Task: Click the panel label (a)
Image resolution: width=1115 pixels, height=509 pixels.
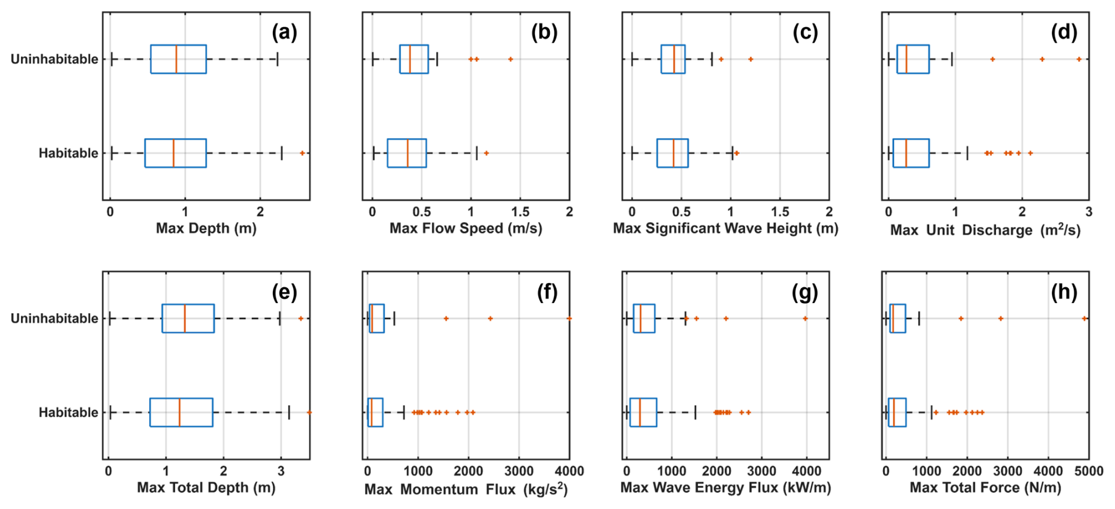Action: pyautogui.click(x=284, y=32)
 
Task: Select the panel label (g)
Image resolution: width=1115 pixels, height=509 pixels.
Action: pyautogui.click(x=805, y=292)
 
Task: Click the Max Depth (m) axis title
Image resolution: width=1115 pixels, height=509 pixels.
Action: pyautogui.click(x=206, y=228)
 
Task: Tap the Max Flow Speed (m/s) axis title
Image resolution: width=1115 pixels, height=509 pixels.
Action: pyautogui.click(x=466, y=228)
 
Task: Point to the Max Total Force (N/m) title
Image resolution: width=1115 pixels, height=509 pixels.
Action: pyautogui.click(x=985, y=488)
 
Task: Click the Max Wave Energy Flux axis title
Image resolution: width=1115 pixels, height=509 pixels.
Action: pyautogui.click(x=725, y=488)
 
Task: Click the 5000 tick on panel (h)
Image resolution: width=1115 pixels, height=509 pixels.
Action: pyautogui.click(x=1088, y=471)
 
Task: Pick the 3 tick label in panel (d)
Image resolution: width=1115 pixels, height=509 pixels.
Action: pyautogui.click(x=1088, y=212)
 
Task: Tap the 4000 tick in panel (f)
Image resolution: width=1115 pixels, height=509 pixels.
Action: pyautogui.click(x=569, y=471)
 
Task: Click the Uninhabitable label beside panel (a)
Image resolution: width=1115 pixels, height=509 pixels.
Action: pyautogui.click(x=54, y=59)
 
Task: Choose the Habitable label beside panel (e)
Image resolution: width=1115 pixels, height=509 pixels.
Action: pyautogui.click(x=68, y=412)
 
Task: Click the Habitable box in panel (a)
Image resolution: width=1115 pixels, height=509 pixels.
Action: pyautogui.click(x=176, y=153)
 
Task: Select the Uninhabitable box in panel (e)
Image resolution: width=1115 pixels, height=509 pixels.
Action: pyautogui.click(x=188, y=318)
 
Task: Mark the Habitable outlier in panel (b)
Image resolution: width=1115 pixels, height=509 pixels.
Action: pyautogui.click(x=486, y=153)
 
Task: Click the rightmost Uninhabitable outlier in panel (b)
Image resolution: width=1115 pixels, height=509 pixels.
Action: pyautogui.click(x=510, y=59)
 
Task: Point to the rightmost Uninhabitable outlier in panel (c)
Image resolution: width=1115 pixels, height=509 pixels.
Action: pyautogui.click(x=750, y=59)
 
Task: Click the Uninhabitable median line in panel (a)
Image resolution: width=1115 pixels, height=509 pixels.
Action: pyautogui.click(x=176, y=59)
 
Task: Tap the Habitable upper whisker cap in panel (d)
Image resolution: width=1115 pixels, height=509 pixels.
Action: pyautogui.click(x=967, y=153)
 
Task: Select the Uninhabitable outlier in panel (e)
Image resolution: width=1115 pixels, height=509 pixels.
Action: pyautogui.click(x=301, y=318)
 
